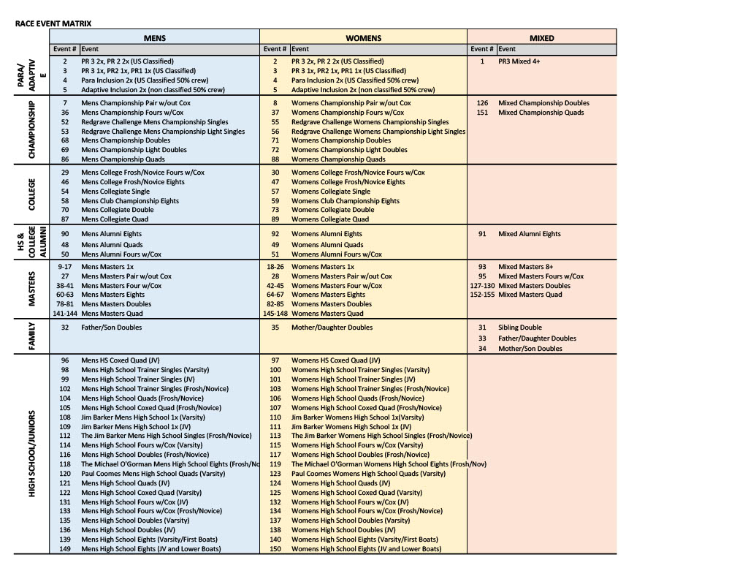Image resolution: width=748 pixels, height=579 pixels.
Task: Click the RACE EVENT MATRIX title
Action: click(53, 23)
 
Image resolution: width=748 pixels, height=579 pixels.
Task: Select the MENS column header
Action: click(154, 38)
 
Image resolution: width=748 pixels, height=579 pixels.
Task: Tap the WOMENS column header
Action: click(363, 38)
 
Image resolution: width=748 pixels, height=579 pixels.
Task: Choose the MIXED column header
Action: click(541, 38)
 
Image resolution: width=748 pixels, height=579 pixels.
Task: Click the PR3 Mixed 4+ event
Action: click(519, 61)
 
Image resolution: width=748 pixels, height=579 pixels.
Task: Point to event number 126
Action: click(482, 103)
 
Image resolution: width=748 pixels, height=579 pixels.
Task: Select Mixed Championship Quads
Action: click(541, 113)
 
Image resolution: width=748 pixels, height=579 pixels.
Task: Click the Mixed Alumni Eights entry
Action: click(529, 234)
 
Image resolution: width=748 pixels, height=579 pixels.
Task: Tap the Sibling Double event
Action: click(519, 328)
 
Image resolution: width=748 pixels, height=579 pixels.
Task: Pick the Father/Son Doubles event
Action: click(112, 328)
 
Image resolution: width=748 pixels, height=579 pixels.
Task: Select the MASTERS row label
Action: click(32, 289)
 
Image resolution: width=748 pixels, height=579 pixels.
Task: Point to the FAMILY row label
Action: click(32, 336)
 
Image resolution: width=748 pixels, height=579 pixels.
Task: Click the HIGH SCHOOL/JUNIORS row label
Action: click(32, 453)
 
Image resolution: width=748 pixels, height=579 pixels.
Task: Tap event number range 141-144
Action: click(65, 314)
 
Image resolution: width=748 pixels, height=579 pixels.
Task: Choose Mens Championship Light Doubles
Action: click(134, 150)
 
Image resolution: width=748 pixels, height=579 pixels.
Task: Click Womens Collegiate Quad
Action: click(330, 219)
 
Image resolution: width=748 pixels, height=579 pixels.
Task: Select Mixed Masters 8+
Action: click(521, 267)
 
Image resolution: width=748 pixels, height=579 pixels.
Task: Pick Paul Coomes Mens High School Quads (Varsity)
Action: click(153, 474)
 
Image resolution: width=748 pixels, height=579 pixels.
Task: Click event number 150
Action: click(275, 549)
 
